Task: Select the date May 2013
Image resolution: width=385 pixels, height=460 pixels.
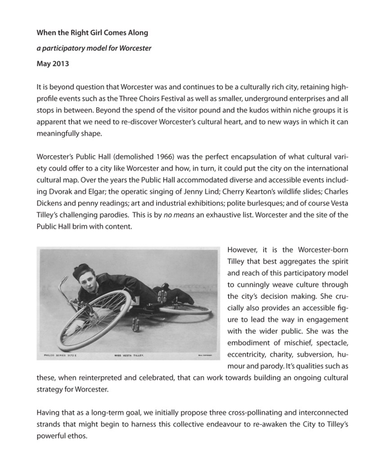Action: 53,63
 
